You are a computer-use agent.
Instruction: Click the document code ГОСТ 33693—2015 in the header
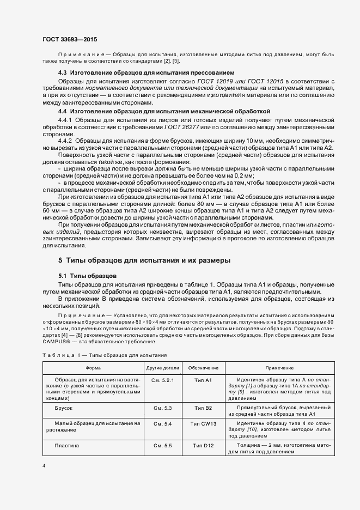[x=69, y=39]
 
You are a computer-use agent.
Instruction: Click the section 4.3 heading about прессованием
[x=146, y=72]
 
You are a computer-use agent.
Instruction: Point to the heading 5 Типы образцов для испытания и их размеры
[x=144, y=260]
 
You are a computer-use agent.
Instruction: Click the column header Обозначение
[x=203, y=368]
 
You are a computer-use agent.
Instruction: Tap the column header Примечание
[x=280, y=368]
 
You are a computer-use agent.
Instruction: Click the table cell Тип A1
[x=203, y=379]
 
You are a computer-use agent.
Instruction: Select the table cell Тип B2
[x=203, y=408]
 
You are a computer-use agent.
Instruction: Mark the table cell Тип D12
[x=203, y=446]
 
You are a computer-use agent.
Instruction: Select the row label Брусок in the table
[x=64, y=408]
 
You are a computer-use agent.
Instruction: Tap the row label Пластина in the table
[x=67, y=446]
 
